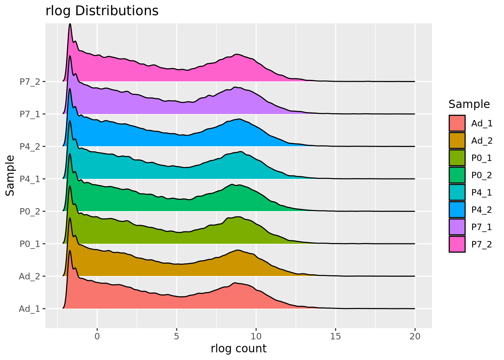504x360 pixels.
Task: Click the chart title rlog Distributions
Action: (x=102, y=11)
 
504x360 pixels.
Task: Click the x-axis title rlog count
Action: (x=238, y=348)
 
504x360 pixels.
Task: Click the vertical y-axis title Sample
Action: (x=10, y=175)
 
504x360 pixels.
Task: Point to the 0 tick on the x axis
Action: (x=97, y=336)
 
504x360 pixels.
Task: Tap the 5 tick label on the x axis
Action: (x=177, y=336)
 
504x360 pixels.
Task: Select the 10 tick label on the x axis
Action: (x=256, y=336)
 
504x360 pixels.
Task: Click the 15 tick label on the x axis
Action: (x=336, y=336)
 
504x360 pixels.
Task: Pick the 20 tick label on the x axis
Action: (x=415, y=336)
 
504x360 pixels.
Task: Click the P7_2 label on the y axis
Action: (x=30, y=81)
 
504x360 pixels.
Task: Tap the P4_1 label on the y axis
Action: (x=30, y=179)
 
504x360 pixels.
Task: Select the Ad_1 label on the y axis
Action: (x=30, y=309)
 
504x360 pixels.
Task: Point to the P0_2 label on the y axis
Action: (x=30, y=211)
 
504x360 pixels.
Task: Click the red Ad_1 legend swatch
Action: (x=457, y=123)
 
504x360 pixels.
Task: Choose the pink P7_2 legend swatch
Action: (x=457, y=244)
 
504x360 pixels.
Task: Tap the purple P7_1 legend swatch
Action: (x=457, y=227)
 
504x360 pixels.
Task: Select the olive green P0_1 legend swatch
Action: (x=457, y=158)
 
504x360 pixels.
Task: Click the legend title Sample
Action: (x=469, y=104)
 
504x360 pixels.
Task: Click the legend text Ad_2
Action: (x=482, y=141)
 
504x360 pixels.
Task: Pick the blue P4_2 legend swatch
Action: (x=457, y=210)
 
